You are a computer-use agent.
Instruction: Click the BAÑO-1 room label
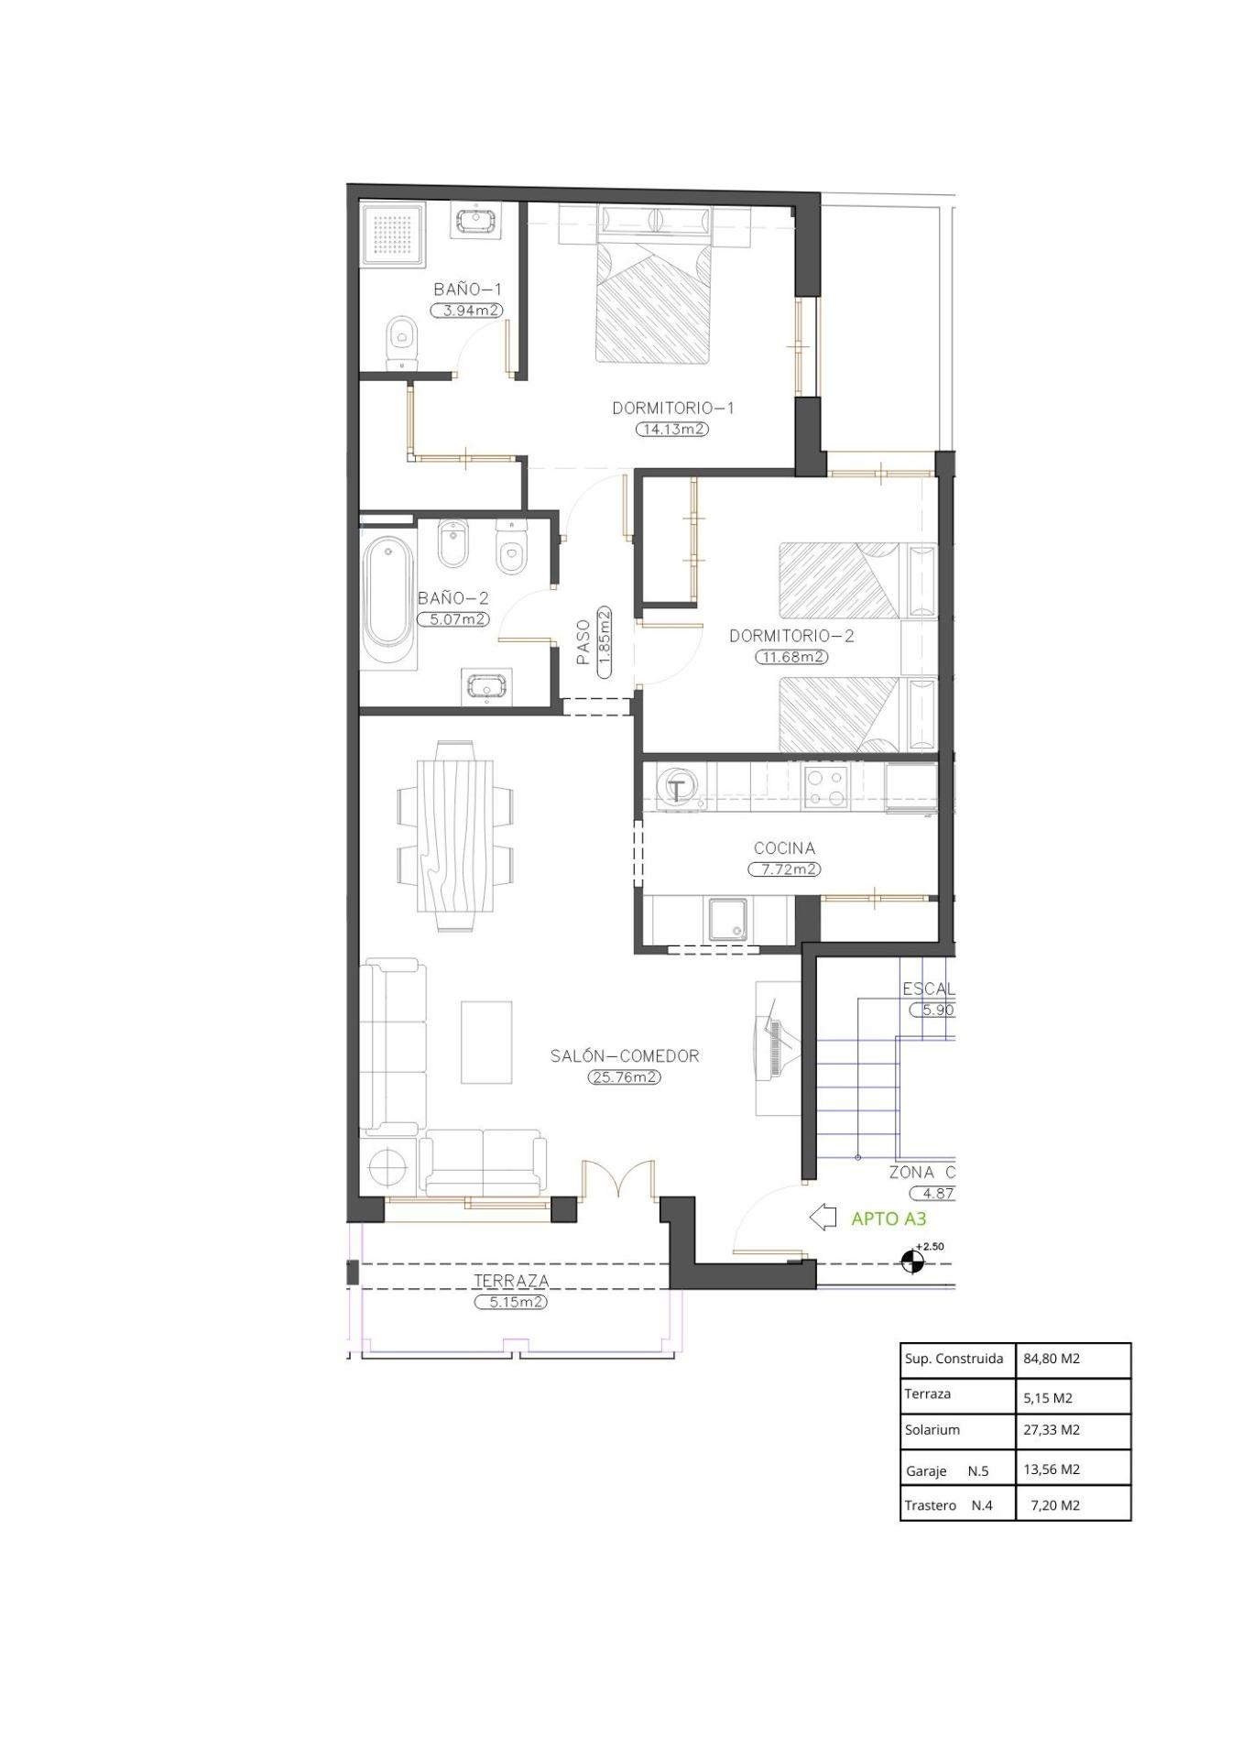click(x=467, y=290)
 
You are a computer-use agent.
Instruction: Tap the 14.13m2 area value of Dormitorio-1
click(x=672, y=429)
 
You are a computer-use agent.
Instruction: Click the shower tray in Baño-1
click(x=394, y=235)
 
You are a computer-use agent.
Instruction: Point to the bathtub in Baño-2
click(x=387, y=604)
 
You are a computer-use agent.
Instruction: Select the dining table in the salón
click(x=455, y=836)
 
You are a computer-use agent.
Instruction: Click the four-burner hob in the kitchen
click(x=826, y=787)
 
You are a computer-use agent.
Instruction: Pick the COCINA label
click(x=784, y=848)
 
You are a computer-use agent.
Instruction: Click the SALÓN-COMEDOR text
click(x=625, y=1055)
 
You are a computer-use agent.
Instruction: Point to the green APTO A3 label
click(x=889, y=1218)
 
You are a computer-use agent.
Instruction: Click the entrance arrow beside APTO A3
click(x=823, y=1217)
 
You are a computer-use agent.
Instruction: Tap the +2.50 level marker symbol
click(x=912, y=1262)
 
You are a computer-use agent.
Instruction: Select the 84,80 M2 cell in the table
click(x=1051, y=1359)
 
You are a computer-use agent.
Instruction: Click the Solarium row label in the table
click(x=932, y=1429)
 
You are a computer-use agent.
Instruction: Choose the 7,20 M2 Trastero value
click(x=1054, y=1504)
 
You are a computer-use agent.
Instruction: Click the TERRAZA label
click(x=511, y=1281)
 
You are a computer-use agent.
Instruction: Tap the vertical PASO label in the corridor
click(x=583, y=642)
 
